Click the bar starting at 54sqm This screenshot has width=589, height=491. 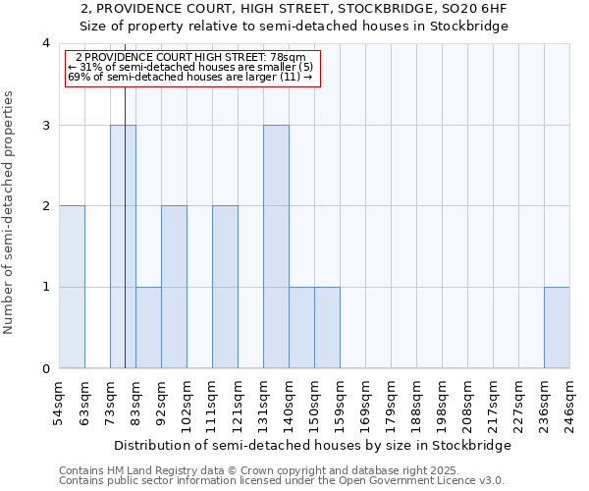click(x=72, y=287)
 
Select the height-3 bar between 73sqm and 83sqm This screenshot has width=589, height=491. click(x=123, y=246)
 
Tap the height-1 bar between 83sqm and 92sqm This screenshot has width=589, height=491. click(x=148, y=327)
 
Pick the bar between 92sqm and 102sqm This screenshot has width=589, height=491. click(x=174, y=287)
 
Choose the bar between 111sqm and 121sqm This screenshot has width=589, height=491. click(x=225, y=287)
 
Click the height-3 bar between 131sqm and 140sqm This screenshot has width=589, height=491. click(x=276, y=246)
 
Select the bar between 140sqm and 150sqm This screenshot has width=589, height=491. click(x=301, y=327)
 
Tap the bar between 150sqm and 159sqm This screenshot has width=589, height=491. click(x=327, y=327)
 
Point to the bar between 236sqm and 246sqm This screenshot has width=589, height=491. click(x=557, y=327)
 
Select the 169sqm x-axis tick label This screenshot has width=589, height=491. click(x=366, y=403)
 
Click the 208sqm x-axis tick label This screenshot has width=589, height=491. click(x=468, y=403)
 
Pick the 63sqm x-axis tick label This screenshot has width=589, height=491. click(x=85, y=403)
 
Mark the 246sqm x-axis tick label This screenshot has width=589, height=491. click(x=570, y=403)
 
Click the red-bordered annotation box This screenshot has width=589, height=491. click(x=192, y=68)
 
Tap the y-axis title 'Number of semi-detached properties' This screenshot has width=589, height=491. click(x=9, y=212)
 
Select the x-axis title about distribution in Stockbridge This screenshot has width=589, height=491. click(x=312, y=445)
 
